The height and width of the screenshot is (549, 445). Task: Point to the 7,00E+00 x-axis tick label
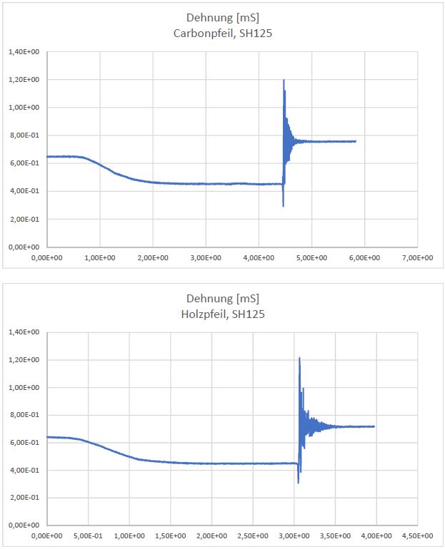[418, 257]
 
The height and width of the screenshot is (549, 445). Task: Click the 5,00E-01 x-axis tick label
[89, 535]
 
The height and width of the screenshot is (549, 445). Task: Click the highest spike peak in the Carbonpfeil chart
[284, 80]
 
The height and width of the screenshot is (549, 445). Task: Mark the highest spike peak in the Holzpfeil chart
[299, 358]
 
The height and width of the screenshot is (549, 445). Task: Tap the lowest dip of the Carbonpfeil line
[284, 206]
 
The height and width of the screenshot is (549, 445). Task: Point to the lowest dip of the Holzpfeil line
[299, 483]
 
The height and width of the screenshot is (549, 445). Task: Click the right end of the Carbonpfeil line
[355, 141]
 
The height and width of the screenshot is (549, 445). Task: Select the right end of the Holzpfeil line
[374, 426]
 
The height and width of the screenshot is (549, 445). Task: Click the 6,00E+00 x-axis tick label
[365, 257]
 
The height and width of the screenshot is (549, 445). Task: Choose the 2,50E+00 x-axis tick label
[253, 535]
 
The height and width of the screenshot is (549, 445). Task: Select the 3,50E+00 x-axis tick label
[336, 535]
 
